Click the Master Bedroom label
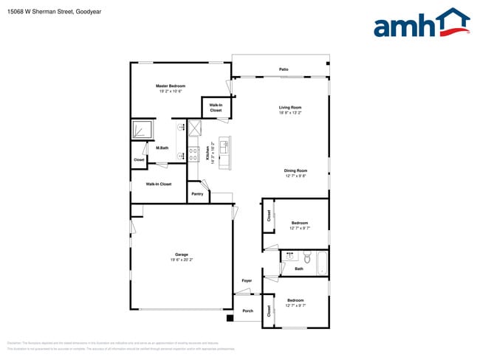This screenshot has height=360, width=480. (x=171, y=86)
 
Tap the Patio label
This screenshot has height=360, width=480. (x=284, y=69)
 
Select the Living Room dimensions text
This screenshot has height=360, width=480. (x=289, y=114)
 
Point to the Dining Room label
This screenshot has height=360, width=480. (x=295, y=170)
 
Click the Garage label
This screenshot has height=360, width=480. (x=182, y=255)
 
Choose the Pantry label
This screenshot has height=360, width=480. (x=197, y=194)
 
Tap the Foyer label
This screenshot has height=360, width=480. (x=247, y=281)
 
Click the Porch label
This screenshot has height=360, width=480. (x=248, y=311)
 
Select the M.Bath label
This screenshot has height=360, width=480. (x=162, y=148)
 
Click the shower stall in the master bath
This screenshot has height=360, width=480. (x=142, y=131)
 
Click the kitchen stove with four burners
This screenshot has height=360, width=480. (x=193, y=155)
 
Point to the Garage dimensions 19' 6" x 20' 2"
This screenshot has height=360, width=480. (x=182, y=260)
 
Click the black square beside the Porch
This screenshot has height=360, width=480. (x=230, y=318)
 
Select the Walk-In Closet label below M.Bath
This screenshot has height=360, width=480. (x=158, y=184)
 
